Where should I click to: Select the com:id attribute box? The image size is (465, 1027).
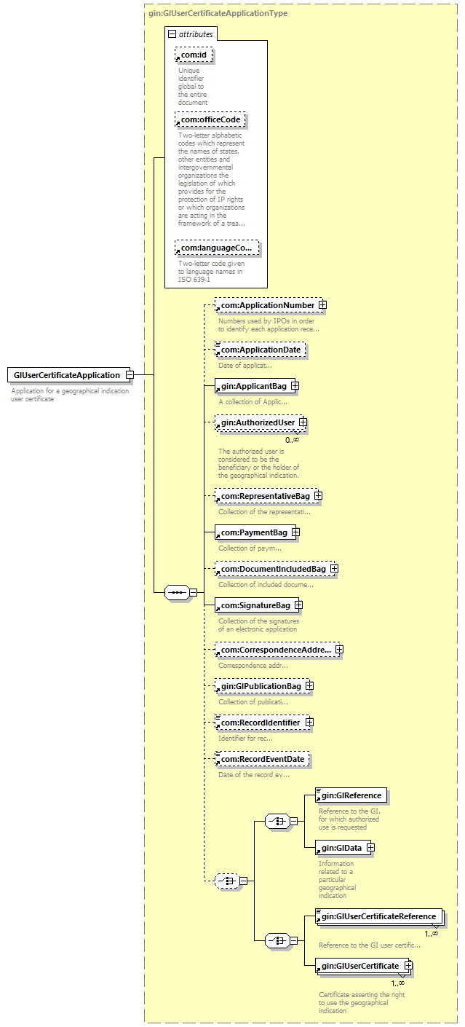pos(194,55)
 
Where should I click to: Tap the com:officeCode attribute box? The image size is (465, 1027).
pos(210,119)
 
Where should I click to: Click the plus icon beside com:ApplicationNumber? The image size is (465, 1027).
pos(323,304)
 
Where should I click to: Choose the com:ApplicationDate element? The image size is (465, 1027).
pos(261,350)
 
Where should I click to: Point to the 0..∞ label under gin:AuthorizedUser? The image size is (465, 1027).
pos(293,440)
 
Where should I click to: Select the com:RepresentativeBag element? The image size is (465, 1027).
pos(269,496)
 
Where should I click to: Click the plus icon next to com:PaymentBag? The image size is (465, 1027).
pos(296,532)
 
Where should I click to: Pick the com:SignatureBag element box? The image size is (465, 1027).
pos(259,606)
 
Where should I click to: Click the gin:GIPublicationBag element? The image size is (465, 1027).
pos(264,686)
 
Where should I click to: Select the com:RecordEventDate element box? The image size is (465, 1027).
pos(263,759)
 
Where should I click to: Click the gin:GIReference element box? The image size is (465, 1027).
pos(351,795)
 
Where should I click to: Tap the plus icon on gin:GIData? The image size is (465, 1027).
pos(370,847)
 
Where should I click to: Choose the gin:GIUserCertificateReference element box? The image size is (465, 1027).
pos(379,916)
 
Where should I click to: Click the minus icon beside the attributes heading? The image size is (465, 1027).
pos(172,34)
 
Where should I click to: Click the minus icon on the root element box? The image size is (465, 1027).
pos(130,374)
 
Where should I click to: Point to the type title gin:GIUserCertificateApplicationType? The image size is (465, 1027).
pos(218,13)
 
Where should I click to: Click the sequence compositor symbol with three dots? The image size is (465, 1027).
pos(177,592)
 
